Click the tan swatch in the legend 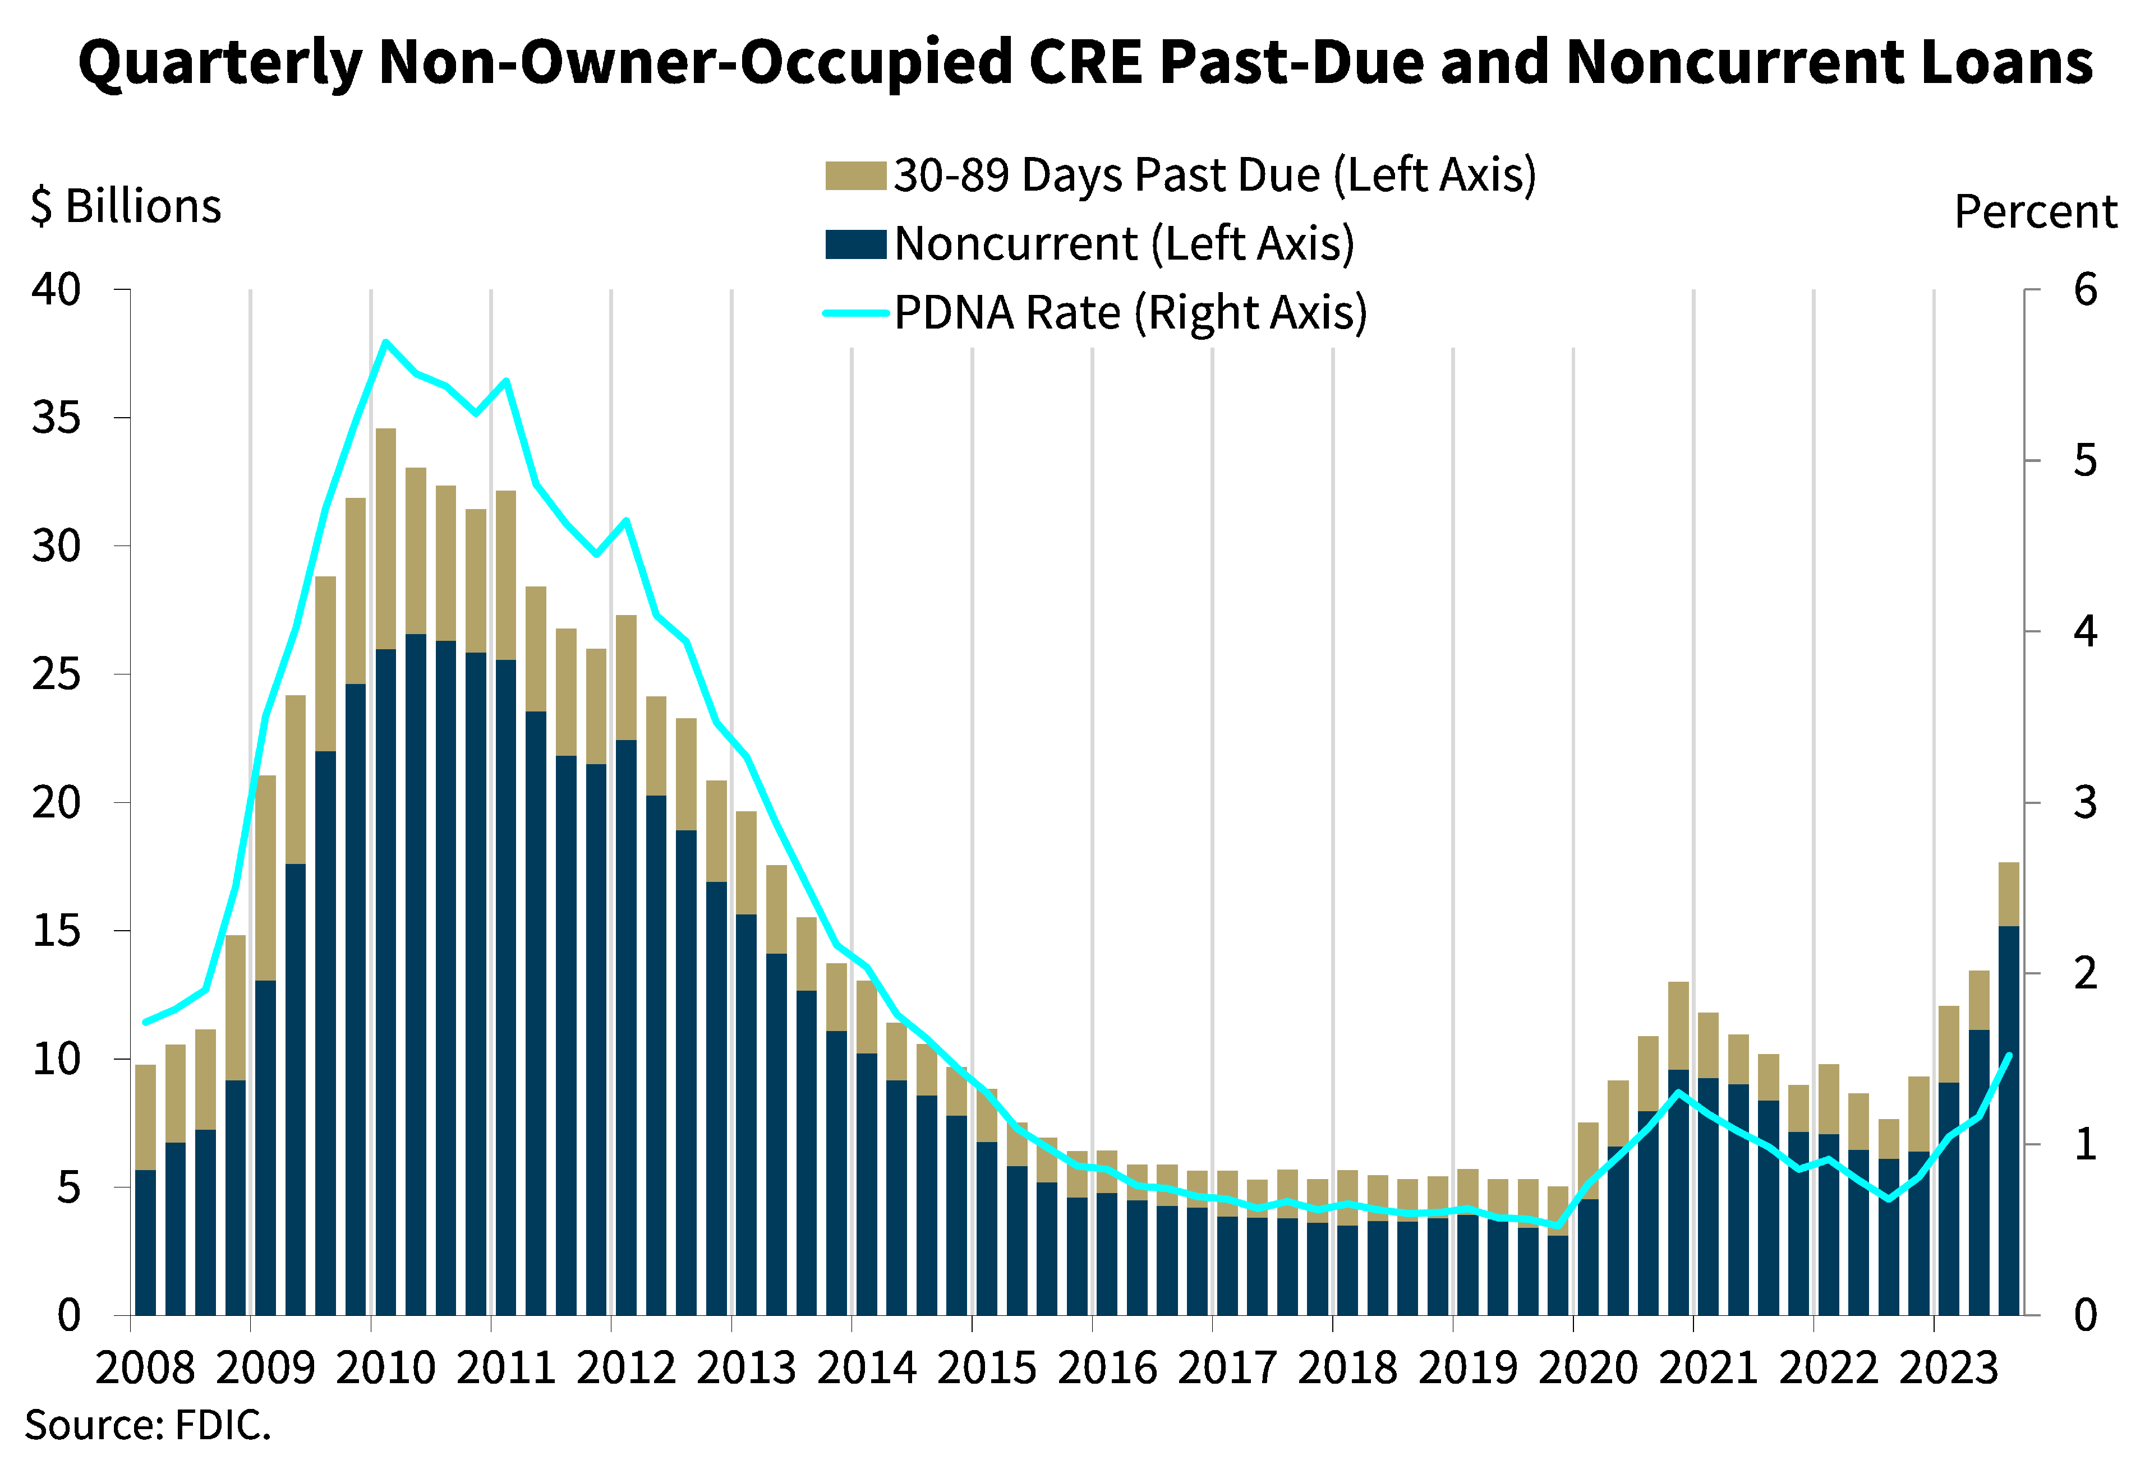(x=854, y=176)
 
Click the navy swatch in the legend (x=854, y=244)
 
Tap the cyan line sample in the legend (x=854, y=313)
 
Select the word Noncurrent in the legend (x=1016, y=244)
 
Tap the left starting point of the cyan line (x=145, y=1022)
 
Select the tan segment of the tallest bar (x=385, y=538)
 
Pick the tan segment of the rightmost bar (x=2009, y=894)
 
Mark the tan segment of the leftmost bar (x=145, y=1117)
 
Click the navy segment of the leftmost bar (x=145, y=1242)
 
